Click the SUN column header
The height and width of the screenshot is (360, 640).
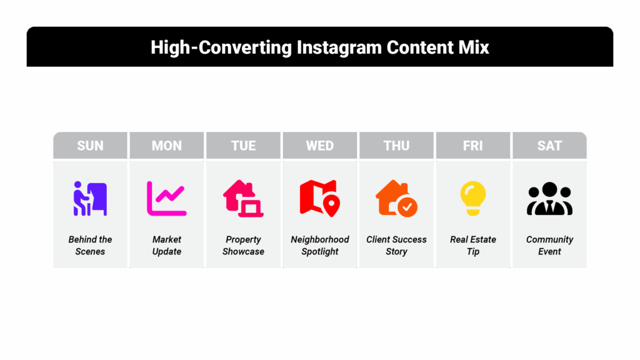(x=90, y=145)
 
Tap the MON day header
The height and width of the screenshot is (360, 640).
(x=167, y=145)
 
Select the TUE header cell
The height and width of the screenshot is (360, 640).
(x=243, y=145)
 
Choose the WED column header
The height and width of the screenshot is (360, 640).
(x=320, y=145)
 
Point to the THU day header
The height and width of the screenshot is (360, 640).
(x=396, y=145)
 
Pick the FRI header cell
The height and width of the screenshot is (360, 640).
(x=473, y=145)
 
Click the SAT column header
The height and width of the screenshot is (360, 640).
(x=549, y=145)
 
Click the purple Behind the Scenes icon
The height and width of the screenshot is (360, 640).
(x=90, y=199)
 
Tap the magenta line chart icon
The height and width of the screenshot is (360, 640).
(x=166, y=199)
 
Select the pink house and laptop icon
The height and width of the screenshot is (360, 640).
(x=243, y=199)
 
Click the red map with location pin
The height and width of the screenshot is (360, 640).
(x=319, y=198)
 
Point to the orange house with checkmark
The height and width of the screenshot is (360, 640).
(x=396, y=198)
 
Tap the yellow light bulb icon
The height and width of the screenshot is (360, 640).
(x=473, y=198)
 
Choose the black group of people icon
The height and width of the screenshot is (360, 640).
(x=549, y=199)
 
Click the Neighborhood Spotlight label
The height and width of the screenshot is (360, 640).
(x=320, y=245)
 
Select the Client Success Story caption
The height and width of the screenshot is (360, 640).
(x=396, y=245)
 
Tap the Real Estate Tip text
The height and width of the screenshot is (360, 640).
(x=473, y=245)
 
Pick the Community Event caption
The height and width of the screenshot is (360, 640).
(x=549, y=245)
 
